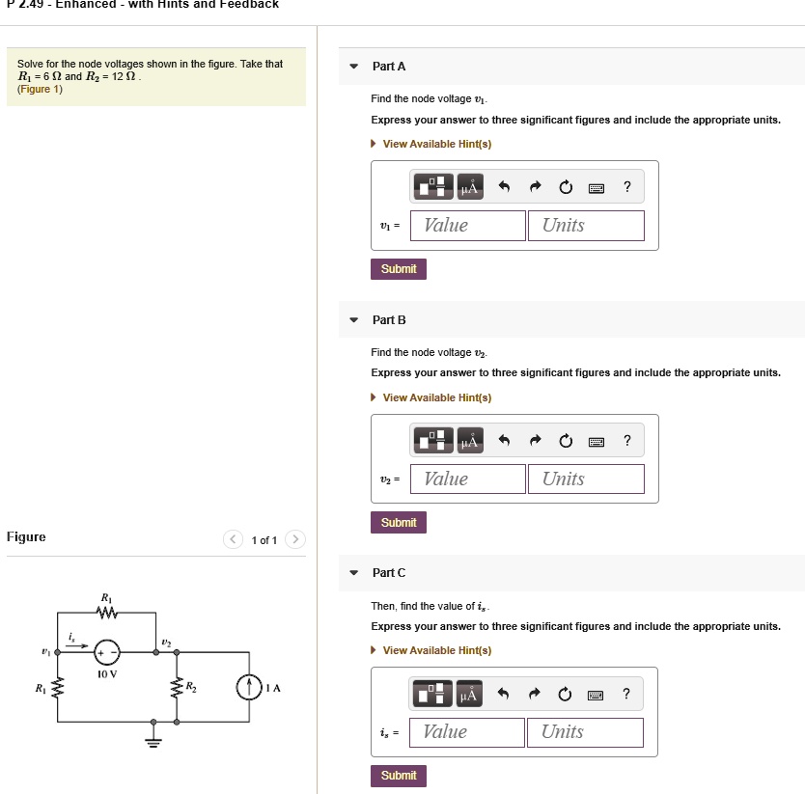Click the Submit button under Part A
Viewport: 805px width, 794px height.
click(x=398, y=269)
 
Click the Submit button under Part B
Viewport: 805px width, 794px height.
click(x=398, y=523)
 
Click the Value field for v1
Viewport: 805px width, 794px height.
click(x=468, y=226)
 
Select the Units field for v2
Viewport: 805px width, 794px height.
click(x=585, y=479)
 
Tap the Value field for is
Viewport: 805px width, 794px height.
click(x=467, y=732)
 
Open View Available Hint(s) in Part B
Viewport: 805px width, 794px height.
click(x=436, y=397)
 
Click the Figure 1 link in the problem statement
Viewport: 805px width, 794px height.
click(x=40, y=90)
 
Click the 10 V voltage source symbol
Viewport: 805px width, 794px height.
click(x=107, y=652)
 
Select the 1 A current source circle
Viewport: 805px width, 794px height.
click(x=249, y=687)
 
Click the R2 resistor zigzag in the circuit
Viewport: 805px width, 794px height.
click(x=176, y=688)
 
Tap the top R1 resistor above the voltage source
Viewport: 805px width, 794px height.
click(x=107, y=613)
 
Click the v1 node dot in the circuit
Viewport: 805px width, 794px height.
click(x=58, y=653)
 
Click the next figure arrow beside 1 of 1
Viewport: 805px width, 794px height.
click(x=295, y=540)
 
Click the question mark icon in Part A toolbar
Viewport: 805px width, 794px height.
click(x=627, y=187)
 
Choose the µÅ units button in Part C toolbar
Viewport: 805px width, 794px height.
click(x=469, y=695)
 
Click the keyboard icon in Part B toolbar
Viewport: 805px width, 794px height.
click(x=597, y=442)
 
